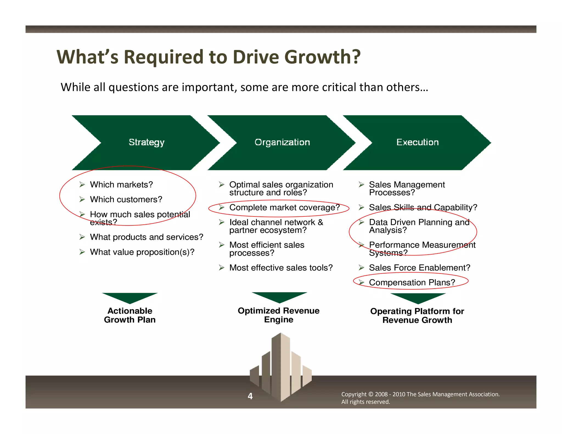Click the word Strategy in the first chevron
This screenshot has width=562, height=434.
pos(147,142)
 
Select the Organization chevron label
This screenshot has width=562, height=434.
pos(282,142)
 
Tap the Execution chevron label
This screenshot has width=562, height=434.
pos(417,142)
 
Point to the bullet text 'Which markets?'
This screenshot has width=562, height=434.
pos(121,185)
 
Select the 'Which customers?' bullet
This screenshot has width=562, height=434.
pos(126,199)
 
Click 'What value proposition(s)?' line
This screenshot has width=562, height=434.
pos(142,252)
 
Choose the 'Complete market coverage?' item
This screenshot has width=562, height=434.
pos(285,207)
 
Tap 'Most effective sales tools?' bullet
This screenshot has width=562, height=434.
pos(281,267)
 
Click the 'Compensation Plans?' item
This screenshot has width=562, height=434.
pos(412,282)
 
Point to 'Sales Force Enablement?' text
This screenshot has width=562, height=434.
pos(420,267)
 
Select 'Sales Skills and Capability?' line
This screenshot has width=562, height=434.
pos(423,207)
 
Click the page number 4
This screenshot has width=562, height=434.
pos(250,396)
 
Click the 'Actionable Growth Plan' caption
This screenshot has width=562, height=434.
pos(130,315)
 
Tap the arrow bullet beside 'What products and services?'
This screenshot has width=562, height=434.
pos(82,237)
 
